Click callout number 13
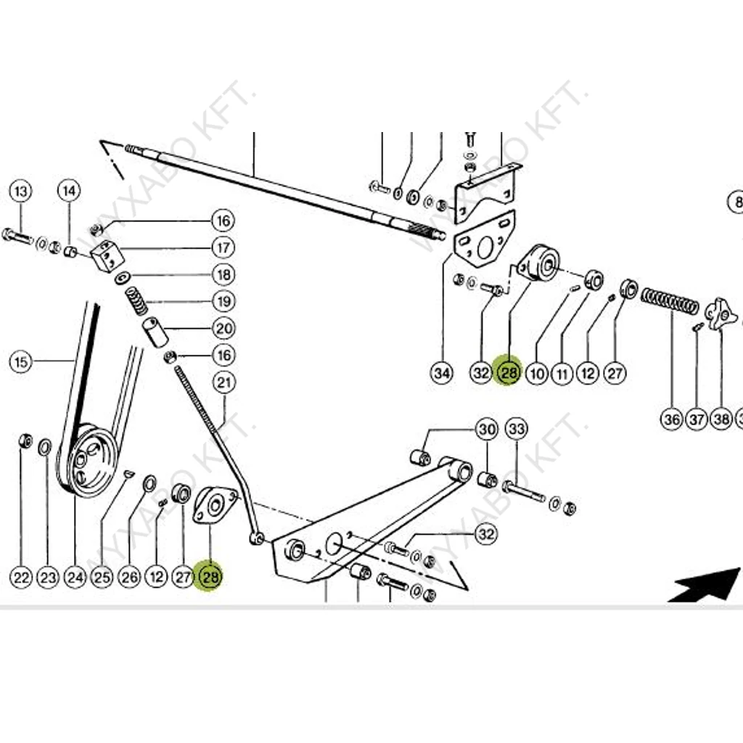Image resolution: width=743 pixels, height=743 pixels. [21, 192]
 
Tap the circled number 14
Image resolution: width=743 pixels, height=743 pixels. [68, 192]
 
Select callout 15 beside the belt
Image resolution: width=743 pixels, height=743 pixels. [21, 361]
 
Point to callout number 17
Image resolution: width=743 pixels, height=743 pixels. [223, 247]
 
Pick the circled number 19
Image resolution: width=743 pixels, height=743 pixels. [223, 301]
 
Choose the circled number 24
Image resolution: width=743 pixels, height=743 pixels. [75, 578]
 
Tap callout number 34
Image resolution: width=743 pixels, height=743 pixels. [441, 374]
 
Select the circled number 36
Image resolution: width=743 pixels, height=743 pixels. [672, 419]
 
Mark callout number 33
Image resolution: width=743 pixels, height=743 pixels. [516, 429]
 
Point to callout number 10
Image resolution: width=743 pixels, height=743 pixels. [536, 374]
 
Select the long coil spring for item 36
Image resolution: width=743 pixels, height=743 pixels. [670, 300]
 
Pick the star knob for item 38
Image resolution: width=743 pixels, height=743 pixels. [721, 313]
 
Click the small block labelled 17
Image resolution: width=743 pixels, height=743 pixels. [107, 256]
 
